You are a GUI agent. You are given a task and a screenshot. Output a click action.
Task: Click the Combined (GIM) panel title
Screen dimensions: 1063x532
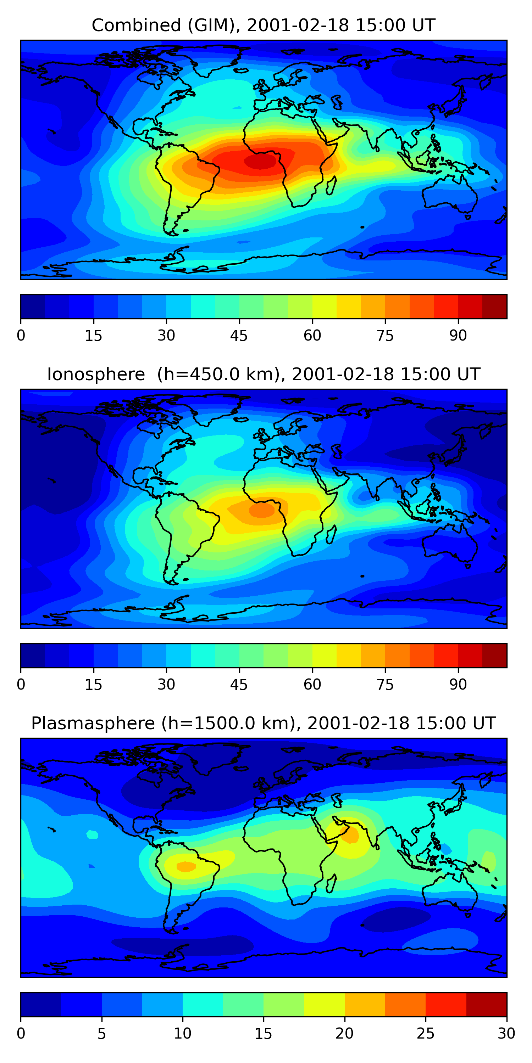click(263, 26)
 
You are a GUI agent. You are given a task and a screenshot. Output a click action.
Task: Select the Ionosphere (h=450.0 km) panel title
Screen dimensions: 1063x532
click(263, 375)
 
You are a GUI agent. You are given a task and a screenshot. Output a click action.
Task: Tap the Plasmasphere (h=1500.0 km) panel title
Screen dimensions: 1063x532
click(263, 724)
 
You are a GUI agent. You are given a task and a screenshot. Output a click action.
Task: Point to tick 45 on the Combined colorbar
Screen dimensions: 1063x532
click(239, 336)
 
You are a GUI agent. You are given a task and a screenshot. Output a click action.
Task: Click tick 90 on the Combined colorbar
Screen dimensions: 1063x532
click(458, 336)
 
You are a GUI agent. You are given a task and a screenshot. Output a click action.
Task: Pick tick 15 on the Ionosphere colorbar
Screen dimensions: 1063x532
click(93, 685)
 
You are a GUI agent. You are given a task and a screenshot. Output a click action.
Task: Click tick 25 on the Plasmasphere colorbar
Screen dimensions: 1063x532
click(426, 1033)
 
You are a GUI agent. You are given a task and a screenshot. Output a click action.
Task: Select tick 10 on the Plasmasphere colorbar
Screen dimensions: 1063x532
click(183, 1033)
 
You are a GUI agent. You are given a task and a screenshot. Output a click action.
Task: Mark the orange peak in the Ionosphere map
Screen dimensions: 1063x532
click(261, 511)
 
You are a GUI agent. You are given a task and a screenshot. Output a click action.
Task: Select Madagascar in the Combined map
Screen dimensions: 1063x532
click(331, 186)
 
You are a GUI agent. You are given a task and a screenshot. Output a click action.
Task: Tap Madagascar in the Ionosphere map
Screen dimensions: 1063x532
click(331, 535)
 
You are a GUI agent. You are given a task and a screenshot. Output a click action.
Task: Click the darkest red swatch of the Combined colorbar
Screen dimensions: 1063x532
click(494, 306)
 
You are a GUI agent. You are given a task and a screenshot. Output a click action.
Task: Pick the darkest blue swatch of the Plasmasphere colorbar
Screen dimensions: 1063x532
click(40, 1005)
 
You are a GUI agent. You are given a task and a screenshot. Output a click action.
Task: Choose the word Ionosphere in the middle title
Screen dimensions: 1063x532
click(96, 375)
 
